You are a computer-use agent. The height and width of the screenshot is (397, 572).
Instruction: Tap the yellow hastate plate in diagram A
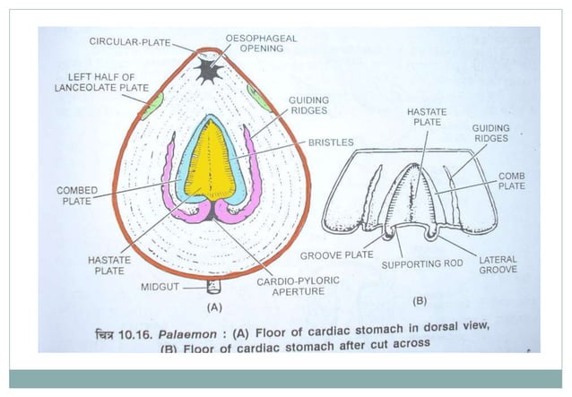(212, 164)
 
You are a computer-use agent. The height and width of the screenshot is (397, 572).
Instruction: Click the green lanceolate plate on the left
(153, 102)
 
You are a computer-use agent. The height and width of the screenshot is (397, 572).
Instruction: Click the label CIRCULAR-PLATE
(130, 41)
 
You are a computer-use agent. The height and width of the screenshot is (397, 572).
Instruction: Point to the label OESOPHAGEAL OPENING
(261, 43)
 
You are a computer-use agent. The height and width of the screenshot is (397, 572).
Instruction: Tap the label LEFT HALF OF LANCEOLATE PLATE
(101, 82)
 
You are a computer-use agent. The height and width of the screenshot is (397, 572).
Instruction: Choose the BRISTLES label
(331, 142)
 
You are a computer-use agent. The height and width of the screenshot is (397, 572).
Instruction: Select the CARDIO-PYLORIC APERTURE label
(298, 286)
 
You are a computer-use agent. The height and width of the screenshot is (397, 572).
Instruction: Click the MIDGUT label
(161, 288)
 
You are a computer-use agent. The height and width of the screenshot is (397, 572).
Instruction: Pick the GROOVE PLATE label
(336, 255)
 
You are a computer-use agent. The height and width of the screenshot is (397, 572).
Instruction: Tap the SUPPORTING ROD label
(422, 264)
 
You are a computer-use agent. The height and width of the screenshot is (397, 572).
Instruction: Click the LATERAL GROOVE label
(498, 264)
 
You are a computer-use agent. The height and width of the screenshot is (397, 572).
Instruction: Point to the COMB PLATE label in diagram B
(512, 180)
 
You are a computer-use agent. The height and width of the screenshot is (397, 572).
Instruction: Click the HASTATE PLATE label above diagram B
(426, 117)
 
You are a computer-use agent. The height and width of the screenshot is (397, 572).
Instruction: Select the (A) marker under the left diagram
(214, 306)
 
